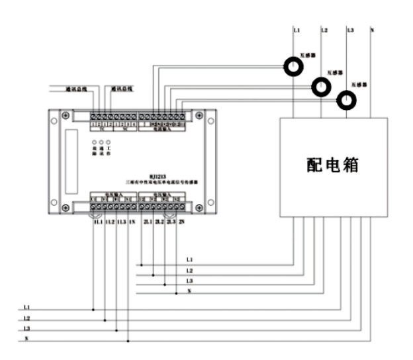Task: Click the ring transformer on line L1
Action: point(294,66)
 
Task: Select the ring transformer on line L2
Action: point(321,86)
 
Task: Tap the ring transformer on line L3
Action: point(345,100)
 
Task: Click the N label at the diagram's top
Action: point(372,30)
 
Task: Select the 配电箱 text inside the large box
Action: point(332,165)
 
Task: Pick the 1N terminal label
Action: point(132,222)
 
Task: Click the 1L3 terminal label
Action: point(121,222)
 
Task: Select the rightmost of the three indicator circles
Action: point(109,142)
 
